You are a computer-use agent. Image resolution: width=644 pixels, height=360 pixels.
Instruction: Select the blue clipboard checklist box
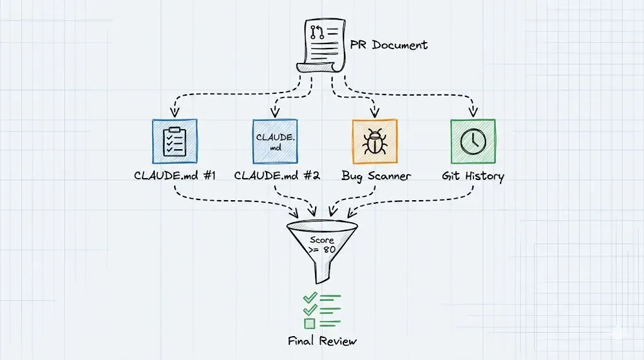175,142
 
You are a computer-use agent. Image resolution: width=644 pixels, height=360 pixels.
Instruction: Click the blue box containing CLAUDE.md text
274,142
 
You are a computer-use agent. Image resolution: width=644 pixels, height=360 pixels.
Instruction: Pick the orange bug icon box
375,142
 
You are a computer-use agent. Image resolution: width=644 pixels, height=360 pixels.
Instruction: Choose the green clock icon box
473,142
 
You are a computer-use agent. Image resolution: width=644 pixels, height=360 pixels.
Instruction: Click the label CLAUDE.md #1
175,176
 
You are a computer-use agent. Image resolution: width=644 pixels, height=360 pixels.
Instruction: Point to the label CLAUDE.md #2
277,176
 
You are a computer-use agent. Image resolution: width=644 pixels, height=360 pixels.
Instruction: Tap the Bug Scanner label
376,176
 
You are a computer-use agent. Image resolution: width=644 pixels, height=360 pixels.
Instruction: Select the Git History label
473,176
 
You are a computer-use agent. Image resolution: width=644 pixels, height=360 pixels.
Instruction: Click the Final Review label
323,341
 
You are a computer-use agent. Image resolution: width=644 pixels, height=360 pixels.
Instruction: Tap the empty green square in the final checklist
309,323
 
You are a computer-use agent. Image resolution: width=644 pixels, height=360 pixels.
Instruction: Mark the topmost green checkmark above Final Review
309,297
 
